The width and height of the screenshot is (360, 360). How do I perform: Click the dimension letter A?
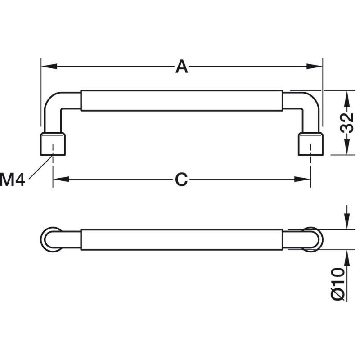click(x=182, y=66)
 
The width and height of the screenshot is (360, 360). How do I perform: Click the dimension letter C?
click(x=181, y=179)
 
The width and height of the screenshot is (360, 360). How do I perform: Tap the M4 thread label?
click(x=13, y=180)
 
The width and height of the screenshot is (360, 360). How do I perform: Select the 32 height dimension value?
click(x=347, y=123)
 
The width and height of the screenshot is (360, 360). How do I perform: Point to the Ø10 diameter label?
click(x=338, y=284)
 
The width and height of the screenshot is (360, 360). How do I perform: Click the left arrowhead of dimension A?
click(x=49, y=66)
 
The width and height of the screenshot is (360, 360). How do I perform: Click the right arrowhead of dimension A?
click(x=315, y=66)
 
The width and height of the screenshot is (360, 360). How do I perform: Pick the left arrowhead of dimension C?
click(x=61, y=179)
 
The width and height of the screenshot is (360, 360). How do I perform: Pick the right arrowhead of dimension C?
click(x=302, y=179)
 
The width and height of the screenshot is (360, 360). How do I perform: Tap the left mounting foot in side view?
click(x=53, y=144)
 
